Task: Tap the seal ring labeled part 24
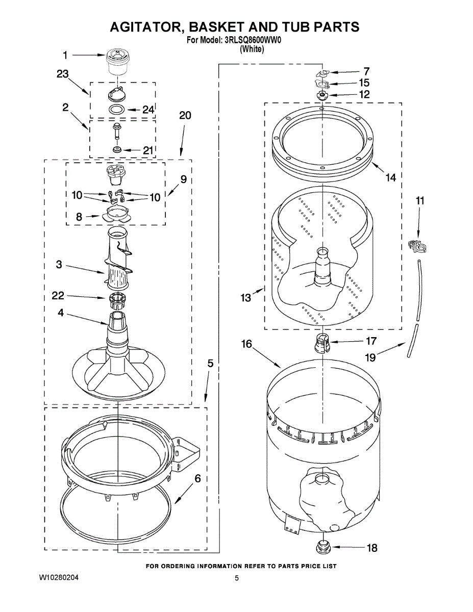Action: (x=117, y=110)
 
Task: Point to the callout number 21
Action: (x=147, y=150)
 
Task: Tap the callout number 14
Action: (x=390, y=177)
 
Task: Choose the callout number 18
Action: (x=372, y=548)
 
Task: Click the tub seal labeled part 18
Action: (x=322, y=547)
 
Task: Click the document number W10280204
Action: (x=59, y=578)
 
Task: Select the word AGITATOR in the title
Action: (x=151, y=27)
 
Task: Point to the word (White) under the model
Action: (x=252, y=49)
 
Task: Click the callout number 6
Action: (x=197, y=478)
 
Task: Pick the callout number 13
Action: (x=246, y=297)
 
